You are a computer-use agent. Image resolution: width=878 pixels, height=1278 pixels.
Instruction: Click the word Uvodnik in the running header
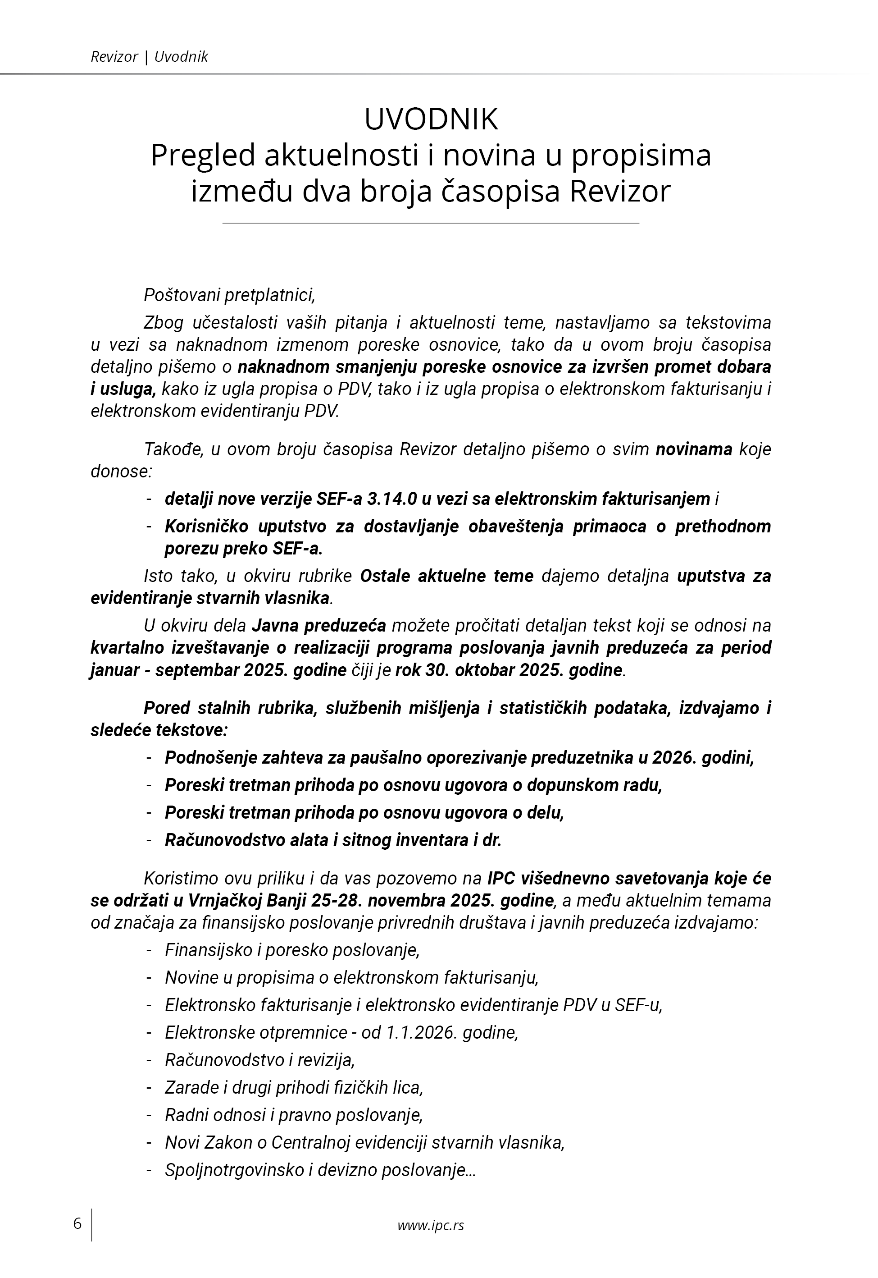pos(181,57)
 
